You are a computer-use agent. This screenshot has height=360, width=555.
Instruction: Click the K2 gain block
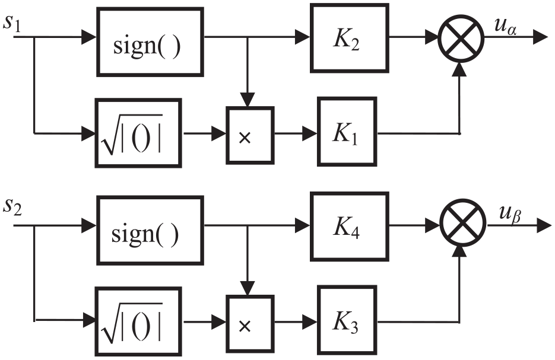pos(350,38)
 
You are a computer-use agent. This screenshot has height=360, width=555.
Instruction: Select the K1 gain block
pos(347,132)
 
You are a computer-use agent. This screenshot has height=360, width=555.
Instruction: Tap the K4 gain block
pos(350,227)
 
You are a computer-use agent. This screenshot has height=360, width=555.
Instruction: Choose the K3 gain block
pos(347,320)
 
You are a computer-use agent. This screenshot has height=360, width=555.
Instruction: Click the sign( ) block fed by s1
pos(150,42)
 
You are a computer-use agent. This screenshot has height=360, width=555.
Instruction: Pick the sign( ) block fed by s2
pos(150,231)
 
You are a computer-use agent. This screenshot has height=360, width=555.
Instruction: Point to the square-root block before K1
pos(138,133)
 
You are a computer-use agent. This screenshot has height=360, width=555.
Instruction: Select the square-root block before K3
pos(138,321)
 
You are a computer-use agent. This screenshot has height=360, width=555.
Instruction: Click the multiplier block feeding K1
pos(250,135)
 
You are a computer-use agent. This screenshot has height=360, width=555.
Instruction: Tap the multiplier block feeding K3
pos(250,324)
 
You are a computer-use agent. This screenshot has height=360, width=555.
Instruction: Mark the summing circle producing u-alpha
pos(461,38)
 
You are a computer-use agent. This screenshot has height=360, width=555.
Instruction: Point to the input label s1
pos(12,24)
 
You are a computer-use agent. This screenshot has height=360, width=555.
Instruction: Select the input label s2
pos(12,207)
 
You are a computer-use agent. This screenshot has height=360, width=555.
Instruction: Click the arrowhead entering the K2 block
pos(303,37)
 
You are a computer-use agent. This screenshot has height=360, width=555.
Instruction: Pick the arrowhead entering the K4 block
pos(303,225)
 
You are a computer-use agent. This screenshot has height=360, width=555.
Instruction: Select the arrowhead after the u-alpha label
pos(541,37)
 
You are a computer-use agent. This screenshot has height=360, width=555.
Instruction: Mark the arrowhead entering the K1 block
pos(310,133)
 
